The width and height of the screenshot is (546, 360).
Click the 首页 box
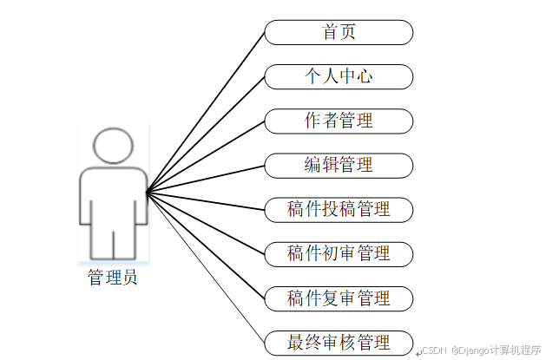coord(339,33)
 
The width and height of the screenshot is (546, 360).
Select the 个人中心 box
coord(339,76)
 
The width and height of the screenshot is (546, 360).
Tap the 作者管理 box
coord(339,121)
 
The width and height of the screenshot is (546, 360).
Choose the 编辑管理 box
coord(339,165)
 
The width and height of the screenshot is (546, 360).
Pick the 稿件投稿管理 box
coord(339,209)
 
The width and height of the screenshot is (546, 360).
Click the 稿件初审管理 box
coord(339,253)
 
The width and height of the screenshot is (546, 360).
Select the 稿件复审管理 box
coord(339,298)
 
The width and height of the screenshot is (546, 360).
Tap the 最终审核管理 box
coord(339,342)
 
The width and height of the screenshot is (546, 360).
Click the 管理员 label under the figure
coord(112,278)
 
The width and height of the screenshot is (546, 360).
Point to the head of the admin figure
coord(113,147)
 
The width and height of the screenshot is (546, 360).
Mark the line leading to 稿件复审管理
coord(208,247)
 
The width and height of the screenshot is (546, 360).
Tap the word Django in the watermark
coord(473,350)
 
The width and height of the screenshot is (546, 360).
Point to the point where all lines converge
coord(147,192)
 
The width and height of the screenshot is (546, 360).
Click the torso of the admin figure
coord(113,195)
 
